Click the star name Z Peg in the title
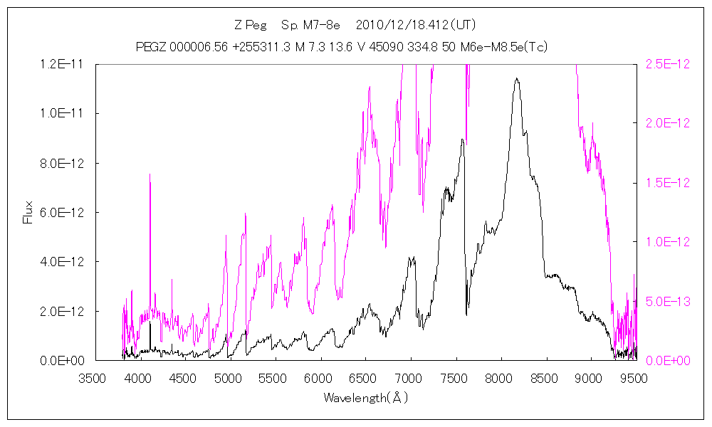pyautogui.click(x=248, y=26)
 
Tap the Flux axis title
pyautogui.click(x=28, y=212)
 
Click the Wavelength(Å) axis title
pyautogui.click(x=365, y=398)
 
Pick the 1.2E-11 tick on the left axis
pyautogui.click(x=63, y=64)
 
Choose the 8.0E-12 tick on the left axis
pyautogui.click(x=63, y=163)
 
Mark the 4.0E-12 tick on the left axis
pyautogui.click(x=63, y=262)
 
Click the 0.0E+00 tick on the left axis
pyautogui.click(x=63, y=361)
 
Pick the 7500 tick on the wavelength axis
pyautogui.click(x=455, y=378)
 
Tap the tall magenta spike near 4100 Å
pyautogui.click(x=150, y=175)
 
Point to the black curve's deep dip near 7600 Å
pyautogui.click(x=466, y=313)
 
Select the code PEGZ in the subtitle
pyautogui.click(x=151, y=47)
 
